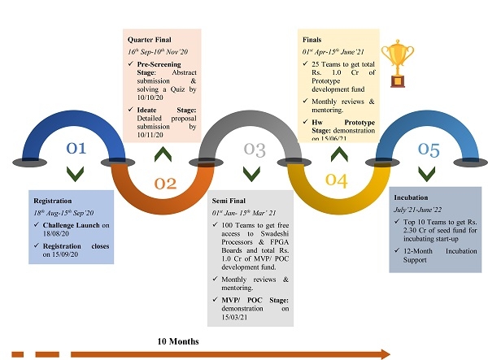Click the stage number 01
[x=76, y=149]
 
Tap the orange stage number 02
[x=165, y=184]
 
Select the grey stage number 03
[x=255, y=150]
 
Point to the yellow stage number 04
[x=337, y=180]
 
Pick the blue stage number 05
[x=429, y=149]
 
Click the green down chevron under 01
[x=76, y=173]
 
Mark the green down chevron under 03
[x=252, y=173]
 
